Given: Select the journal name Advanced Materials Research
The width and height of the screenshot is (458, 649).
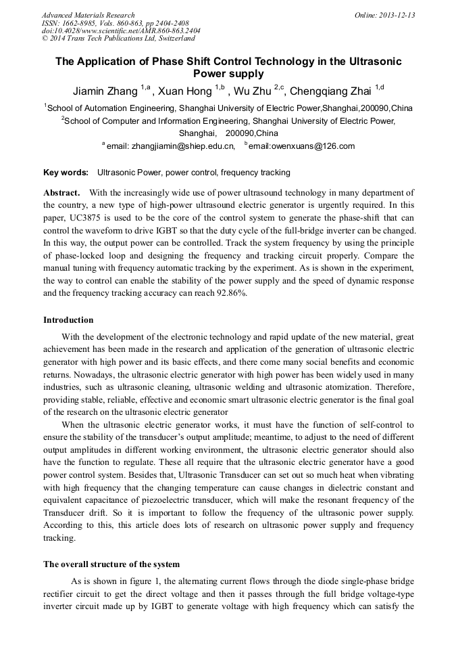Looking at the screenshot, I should tap(88, 15).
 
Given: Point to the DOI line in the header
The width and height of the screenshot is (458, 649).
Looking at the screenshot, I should tap(120, 30).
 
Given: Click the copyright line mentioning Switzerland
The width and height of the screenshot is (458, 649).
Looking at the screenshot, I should tap(118, 39).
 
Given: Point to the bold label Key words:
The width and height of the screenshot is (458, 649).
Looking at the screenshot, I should tap(66, 173).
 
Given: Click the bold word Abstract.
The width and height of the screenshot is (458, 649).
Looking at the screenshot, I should tap(62, 193).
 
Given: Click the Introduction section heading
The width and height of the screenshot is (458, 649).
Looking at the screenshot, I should tap(68, 320).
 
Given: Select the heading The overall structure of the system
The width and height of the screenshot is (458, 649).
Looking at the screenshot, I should tap(111, 564).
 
